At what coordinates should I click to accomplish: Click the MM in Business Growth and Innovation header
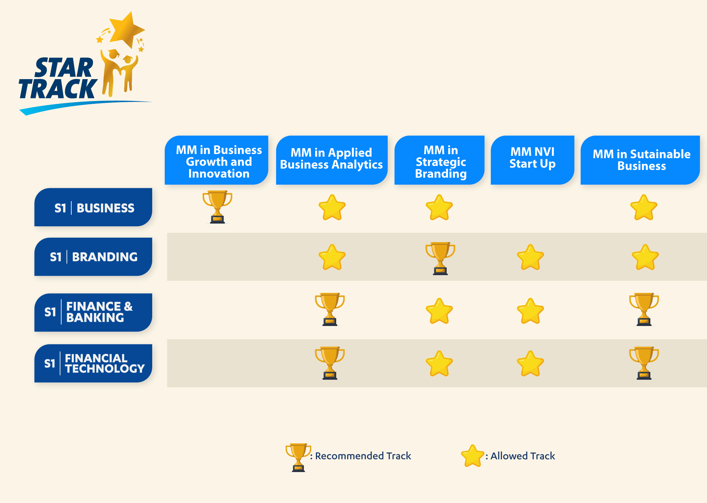coord(217,160)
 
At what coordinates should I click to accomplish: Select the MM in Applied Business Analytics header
coord(332,160)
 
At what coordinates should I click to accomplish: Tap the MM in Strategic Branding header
coord(440,160)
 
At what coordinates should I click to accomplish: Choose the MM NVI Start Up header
coord(533,160)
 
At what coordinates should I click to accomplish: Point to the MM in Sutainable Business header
coord(640,160)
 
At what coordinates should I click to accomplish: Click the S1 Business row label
coord(93,207)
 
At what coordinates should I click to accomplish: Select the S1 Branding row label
coord(93,257)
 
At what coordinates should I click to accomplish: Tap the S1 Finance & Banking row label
coord(93,312)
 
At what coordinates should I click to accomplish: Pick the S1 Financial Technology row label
coord(93,363)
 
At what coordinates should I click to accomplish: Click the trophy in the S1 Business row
coord(217,207)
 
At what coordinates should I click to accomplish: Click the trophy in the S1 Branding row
coord(440,258)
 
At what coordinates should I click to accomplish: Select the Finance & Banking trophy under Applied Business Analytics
coord(330,309)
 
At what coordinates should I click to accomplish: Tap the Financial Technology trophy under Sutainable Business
coord(644,363)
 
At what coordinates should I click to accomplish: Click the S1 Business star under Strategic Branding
coord(439,207)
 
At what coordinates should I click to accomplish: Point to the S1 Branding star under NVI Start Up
coord(530,257)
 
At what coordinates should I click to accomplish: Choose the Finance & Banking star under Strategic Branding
coord(439,311)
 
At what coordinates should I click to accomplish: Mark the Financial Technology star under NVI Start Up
coord(530,364)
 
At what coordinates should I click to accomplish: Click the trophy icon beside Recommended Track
coord(298,457)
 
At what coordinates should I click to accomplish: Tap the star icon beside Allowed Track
coord(473,456)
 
